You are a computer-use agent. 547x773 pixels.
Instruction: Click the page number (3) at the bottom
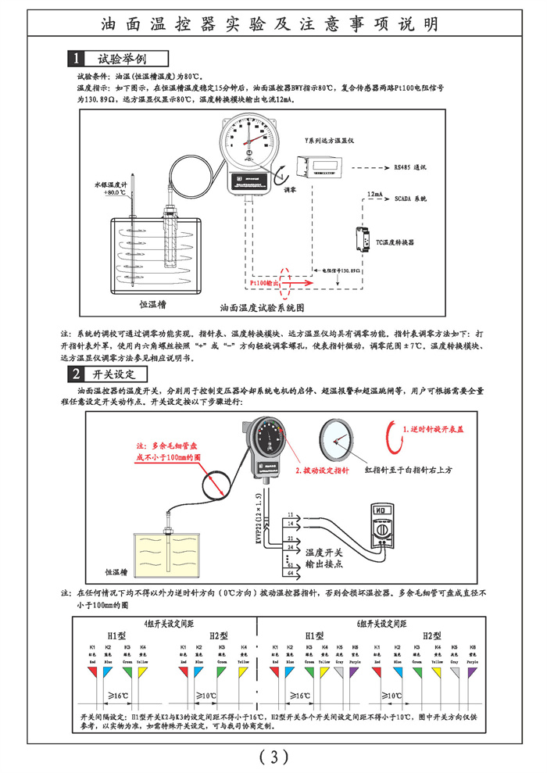(273, 756)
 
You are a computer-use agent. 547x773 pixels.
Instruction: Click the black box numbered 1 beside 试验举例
(76, 59)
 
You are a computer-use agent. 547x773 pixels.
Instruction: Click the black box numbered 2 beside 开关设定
(76, 374)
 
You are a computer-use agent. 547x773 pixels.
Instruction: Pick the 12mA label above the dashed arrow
(374, 191)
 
